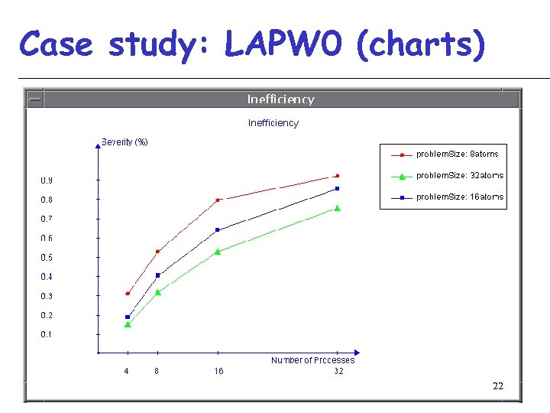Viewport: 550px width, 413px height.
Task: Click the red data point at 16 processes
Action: pos(218,200)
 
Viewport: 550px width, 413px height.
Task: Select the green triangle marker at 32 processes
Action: pos(337,208)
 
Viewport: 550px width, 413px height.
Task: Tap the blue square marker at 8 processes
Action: pos(158,275)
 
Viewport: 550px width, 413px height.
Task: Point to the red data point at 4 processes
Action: pos(128,294)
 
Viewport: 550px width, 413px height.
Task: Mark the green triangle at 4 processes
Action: pos(128,324)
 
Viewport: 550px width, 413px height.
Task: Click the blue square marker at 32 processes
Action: pos(337,188)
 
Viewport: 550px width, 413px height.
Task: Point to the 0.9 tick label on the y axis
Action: pos(47,180)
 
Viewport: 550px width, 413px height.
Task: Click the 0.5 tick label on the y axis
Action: pos(47,258)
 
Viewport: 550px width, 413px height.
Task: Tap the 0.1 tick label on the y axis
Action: pos(47,334)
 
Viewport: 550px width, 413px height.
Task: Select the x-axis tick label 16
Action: pos(219,371)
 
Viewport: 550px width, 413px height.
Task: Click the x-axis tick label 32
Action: pos(338,371)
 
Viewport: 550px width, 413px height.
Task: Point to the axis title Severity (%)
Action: pos(125,141)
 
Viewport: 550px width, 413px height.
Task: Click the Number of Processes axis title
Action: pos(312,360)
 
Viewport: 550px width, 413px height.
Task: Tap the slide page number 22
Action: pos(498,386)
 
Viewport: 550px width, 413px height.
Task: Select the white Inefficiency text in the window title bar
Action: pos(280,99)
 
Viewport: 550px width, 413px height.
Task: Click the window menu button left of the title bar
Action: pos(34,99)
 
